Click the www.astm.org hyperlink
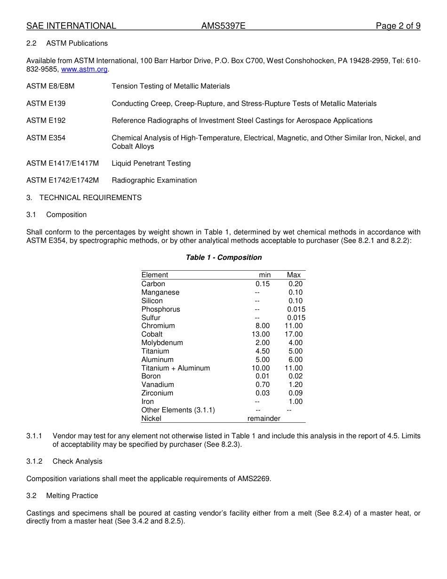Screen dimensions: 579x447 (x=85, y=69)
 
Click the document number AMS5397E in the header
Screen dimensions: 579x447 (x=223, y=26)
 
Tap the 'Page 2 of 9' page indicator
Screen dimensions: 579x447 (x=398, y=26)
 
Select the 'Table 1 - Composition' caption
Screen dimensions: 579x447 (x=223, y=257)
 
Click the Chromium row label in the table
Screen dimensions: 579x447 (x=158, y=326)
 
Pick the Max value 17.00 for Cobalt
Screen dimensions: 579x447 (x=294, y=334)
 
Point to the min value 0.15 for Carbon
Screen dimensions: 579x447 (x=263, y=284)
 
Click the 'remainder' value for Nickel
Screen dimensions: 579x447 (x=263, y=418)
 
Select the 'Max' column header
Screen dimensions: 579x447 (x=294, y=275)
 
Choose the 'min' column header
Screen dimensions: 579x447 (x=264, y=275)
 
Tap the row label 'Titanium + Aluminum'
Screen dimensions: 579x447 (x=176, y=368)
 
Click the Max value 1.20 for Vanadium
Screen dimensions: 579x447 (x=295, y=385)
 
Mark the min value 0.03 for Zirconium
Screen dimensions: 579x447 (x=263, y=393)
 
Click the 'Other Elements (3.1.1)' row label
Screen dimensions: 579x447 (x=178, y=410)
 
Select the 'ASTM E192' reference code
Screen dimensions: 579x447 (x=46, y=121)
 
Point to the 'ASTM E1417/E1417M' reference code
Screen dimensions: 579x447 (x=63, y=163)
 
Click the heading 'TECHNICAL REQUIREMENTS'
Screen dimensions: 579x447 (x=90, y=198)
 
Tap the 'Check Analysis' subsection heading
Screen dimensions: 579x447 (x=77, y=461)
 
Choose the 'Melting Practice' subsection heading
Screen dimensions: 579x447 (x=72, y=496)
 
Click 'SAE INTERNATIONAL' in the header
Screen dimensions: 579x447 (x=71, y=26)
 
